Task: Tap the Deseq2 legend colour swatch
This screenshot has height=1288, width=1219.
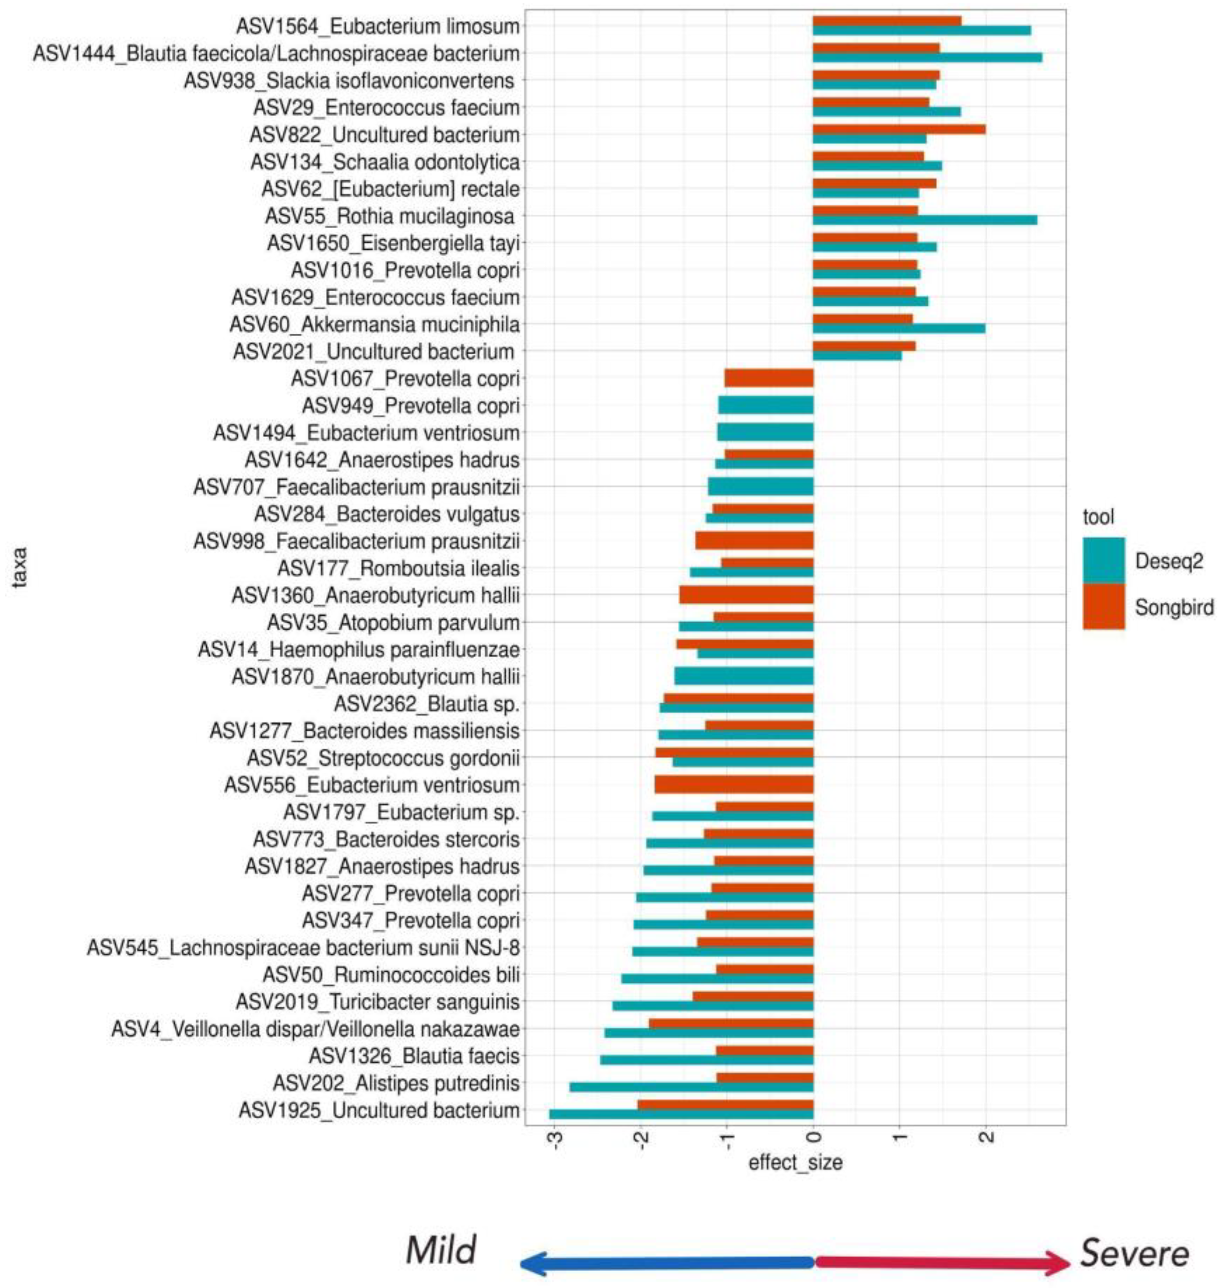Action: pos(1103,560)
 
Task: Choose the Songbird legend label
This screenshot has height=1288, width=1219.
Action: pos(1174,607)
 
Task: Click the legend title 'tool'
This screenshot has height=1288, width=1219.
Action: pos(1098,517)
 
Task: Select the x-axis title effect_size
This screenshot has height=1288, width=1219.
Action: pos(796,1162)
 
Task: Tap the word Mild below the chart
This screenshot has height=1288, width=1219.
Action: pos(441,1250)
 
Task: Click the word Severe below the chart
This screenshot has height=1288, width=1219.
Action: pos(1134,1253)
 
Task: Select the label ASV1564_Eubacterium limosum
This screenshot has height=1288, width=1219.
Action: pos(378,27)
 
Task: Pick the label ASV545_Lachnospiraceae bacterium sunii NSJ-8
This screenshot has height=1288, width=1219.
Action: pos(303,948)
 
